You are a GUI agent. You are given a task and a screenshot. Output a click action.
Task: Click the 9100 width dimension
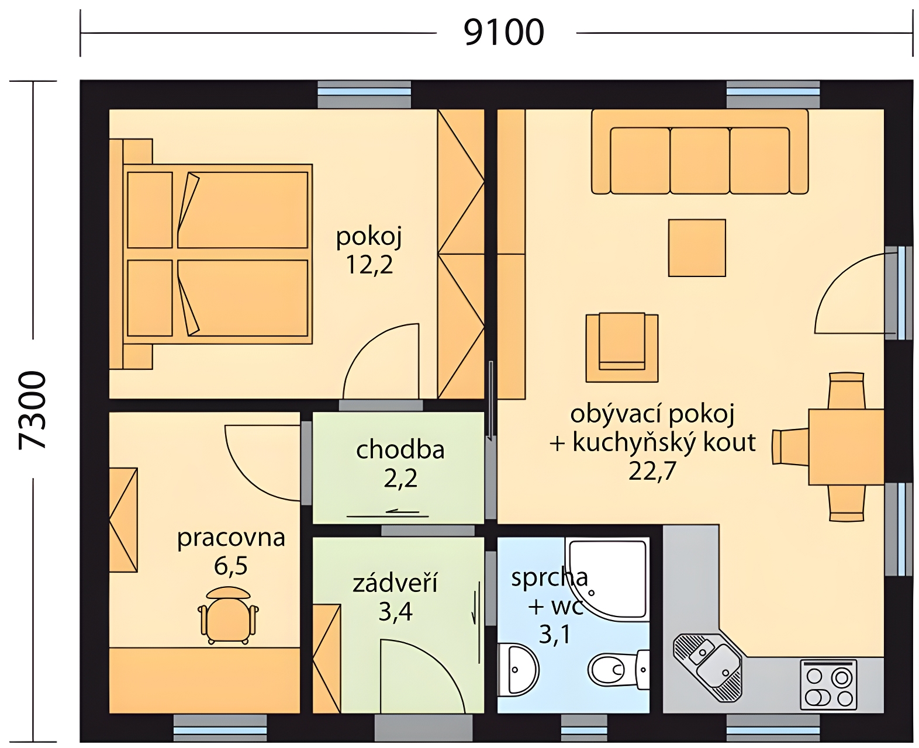click(503, 32)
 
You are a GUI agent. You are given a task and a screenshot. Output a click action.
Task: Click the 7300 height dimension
click(32, 410)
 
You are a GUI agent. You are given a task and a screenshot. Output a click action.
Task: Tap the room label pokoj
click(369, 238)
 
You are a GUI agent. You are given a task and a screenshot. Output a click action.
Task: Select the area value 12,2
click(369, 265)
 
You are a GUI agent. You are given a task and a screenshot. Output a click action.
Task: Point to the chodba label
click(400, 449)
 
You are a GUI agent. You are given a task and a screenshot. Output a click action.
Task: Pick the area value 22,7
click(651, 471)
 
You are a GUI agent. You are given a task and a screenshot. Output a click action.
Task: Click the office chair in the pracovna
click(228, 615)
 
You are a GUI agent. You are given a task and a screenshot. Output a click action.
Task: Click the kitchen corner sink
click(707, 667)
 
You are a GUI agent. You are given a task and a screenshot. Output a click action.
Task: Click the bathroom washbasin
click(518, 670)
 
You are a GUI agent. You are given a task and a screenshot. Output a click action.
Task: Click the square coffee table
click(697, 248)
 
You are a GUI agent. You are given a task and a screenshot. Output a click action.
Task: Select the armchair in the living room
click(621, 348)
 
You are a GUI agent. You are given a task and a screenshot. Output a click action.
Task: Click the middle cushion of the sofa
click(700, 160)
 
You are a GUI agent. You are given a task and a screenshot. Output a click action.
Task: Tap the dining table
click(846, 447)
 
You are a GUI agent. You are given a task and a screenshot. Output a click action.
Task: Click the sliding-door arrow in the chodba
click(388, 514)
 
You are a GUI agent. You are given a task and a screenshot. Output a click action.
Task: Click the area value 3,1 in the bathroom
click(554, 634)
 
